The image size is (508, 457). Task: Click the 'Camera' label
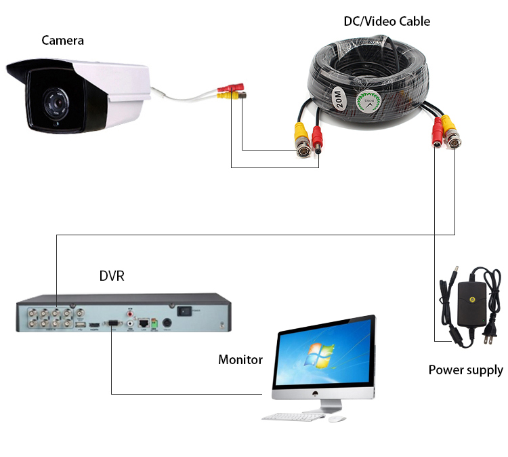click(x=63, y=40)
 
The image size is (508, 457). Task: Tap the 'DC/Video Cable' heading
click(x=387, y=22)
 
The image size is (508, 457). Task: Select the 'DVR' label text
click(x=112, y=276)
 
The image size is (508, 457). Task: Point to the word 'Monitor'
click(x=240, y=359)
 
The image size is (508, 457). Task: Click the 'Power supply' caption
click(x=466, y=370)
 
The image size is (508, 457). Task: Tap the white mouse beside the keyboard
click(x=336, y=418)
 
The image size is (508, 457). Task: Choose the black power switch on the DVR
click(x=184, y=312)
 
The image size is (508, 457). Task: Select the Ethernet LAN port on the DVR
click(x=144, y=324)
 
